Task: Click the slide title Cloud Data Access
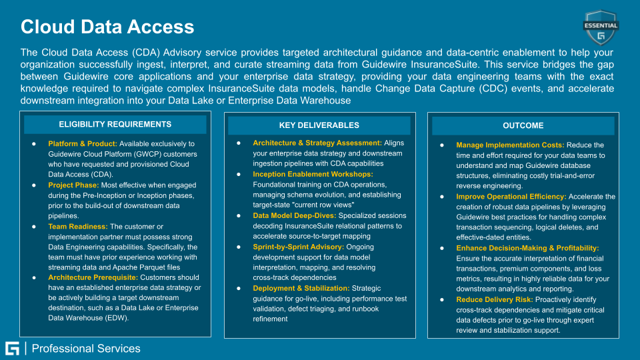[107, 27]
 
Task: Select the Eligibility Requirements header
[115, 125]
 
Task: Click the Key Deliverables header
[319, 125]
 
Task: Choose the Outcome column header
[523, 125]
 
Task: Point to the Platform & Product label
[83, 143]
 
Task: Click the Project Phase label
[73, 185]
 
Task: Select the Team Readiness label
[77, 227]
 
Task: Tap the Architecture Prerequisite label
[93, 277]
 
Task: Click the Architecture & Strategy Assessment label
[317, 143]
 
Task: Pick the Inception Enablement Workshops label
[313, 175]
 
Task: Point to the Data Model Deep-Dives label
[294, 216]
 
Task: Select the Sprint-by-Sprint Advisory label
[299, 247]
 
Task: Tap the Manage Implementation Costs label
[510, 145]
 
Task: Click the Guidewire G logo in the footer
[12, 348]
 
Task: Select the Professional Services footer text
[86, 349]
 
